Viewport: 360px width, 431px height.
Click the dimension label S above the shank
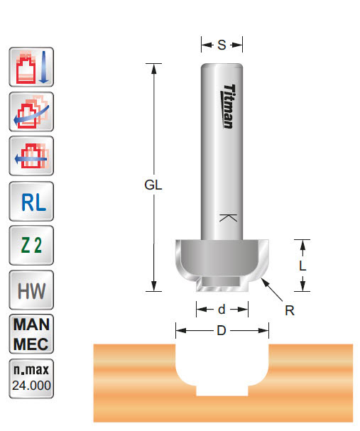click(x=222, y=45)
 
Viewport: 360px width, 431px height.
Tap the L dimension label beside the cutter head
click(x=302, y=266)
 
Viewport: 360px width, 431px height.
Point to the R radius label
click(x=290, y=310)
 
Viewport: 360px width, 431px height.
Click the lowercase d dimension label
click(x=222, y=310)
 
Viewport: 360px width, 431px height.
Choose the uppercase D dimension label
click(x=222, y=332)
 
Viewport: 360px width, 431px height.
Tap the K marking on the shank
click(x=227, y=219)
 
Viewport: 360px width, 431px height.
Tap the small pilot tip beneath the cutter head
click(x=222, y=283)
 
